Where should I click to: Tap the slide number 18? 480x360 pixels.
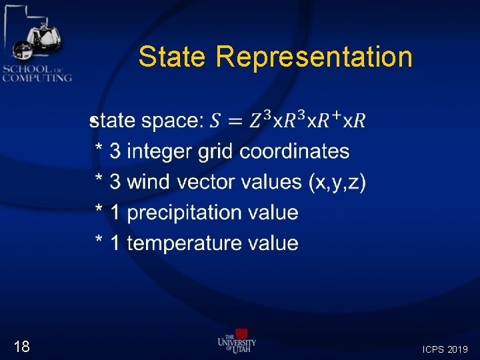tap(21, 346)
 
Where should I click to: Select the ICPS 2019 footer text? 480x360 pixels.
tap(445, 349)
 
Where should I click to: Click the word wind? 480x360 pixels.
tap(149, 181)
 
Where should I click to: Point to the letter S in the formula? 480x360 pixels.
tap(214, 121)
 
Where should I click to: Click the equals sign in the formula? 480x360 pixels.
tap(234, 121)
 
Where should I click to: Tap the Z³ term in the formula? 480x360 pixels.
tap(261, 120)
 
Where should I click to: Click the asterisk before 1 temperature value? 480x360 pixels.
tap(99, 241)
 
